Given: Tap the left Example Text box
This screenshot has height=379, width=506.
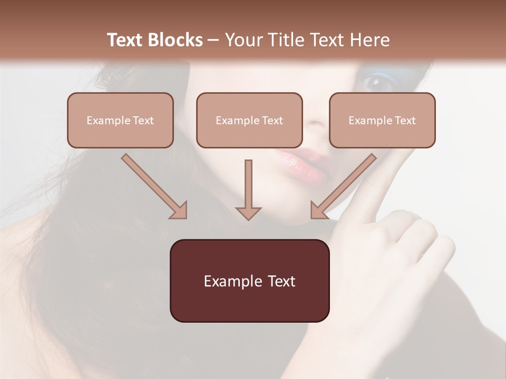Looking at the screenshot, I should tap(120, 121).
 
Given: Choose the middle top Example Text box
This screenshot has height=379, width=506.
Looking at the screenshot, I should tap(249, 121).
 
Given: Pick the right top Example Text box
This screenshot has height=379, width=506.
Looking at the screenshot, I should tap(382, 121).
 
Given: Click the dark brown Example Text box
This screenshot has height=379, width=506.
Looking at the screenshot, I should tap(249, 281).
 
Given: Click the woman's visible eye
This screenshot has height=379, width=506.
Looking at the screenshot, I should tap(376, 81).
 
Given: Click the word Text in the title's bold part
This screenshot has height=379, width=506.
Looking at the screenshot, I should tap(125, 40).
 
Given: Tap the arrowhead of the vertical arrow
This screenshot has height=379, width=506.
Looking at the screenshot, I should tap(248, 213).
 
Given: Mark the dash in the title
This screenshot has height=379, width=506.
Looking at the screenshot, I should tap(213, 41).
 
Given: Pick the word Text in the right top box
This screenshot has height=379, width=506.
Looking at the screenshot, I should tap(405, 121).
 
